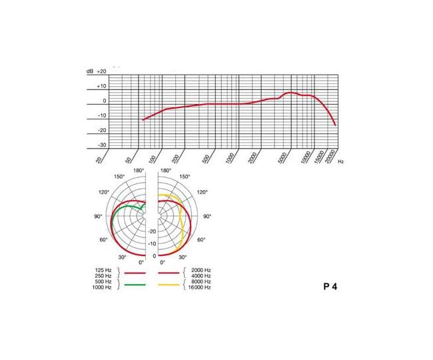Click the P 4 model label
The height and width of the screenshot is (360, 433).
330,287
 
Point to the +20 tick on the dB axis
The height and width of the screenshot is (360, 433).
101,71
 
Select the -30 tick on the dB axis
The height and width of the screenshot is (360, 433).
102,145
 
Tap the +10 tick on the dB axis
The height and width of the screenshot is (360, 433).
101,86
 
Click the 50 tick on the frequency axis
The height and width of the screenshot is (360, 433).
129,160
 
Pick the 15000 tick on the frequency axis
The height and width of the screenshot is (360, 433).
319,157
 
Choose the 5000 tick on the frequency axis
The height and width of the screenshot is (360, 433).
282,158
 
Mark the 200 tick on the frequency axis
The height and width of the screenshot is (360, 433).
176,159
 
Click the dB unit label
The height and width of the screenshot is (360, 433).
90,71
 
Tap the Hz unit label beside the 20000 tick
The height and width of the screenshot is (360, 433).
341,161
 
